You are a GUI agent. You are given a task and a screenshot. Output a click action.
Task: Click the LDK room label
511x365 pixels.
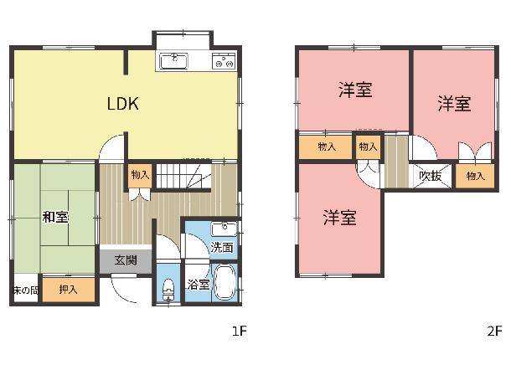(x=123, y=104)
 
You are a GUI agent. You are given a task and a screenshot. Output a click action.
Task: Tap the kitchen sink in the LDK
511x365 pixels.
(x=174, y=61)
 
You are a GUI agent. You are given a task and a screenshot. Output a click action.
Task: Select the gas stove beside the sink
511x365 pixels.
(x=224, y=61)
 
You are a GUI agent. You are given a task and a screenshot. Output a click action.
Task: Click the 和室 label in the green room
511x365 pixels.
(x=55, y=217)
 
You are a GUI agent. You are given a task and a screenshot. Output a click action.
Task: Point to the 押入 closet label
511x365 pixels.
(x=68, y=289)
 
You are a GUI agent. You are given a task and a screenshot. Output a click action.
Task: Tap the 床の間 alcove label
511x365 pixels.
(x=25, y=290)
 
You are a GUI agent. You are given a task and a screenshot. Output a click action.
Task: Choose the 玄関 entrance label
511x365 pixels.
(x=126, y=260)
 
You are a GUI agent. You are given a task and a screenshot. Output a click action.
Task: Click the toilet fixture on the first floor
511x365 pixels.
(x=168, y=289)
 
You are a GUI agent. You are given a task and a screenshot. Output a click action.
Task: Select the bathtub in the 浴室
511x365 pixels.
(x=225, y=282)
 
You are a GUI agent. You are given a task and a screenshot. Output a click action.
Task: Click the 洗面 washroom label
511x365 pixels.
(x=222, y=248)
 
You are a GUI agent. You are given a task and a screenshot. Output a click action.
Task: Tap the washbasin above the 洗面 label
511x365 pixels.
(x=224, y=229)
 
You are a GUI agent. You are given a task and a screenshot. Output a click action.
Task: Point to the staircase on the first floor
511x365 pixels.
(x=183, y=176)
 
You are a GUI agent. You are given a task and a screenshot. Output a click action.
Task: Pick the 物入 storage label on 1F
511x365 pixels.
(x=140, y=175)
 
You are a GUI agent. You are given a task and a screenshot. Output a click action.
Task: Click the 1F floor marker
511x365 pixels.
(x=240, y=332)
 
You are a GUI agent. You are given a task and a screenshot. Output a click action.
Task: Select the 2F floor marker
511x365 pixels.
(x=494, y=332)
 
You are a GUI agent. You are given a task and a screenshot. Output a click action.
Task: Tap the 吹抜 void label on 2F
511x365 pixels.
(x=431, y=176)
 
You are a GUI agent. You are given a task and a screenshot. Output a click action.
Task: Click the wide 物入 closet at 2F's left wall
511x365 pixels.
(x=326, y=147)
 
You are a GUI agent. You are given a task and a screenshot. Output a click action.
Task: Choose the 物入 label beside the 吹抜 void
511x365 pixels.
(x=476, y=176)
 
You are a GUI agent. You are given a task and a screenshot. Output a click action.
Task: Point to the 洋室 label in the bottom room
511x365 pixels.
(x=339, y=217)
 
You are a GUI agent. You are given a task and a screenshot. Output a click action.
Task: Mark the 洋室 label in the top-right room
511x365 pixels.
(x=454, y=104)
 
